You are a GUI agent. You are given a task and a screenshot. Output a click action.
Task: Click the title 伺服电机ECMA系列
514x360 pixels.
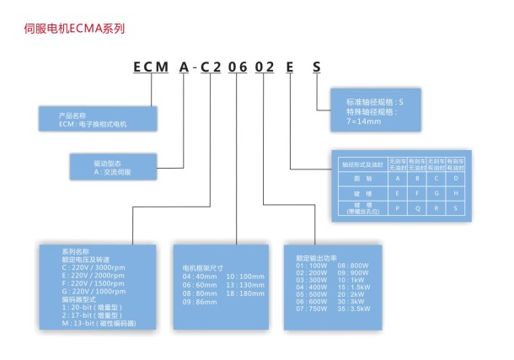[x=75, y=28]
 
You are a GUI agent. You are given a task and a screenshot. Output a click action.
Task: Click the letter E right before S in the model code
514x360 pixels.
[x=291, y=66]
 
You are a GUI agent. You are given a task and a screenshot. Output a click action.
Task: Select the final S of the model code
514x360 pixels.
[x=316, y=66]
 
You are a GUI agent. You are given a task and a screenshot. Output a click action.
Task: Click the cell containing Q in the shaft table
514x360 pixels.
[x=415, y=206]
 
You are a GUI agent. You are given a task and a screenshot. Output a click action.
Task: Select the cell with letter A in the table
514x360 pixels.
[x=396, y=177]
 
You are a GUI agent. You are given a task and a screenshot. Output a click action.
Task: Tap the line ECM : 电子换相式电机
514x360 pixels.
[x=93, y=125]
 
